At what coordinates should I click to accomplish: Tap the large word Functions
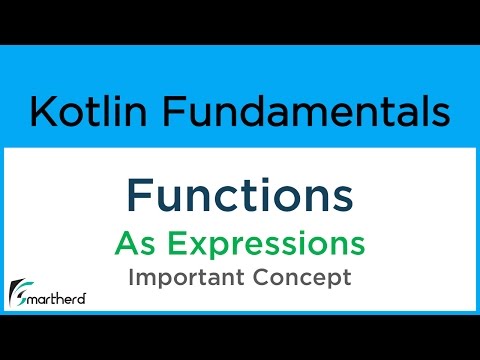[x=240, y=196]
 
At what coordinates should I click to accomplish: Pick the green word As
[x=133, y=243]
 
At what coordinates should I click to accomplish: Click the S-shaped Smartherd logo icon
[x=18, y=292]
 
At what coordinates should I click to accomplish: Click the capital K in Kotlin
[x=42, y=112]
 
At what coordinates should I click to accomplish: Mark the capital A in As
[x=125, y=243]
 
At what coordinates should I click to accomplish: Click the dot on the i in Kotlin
[x=115, y=98]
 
